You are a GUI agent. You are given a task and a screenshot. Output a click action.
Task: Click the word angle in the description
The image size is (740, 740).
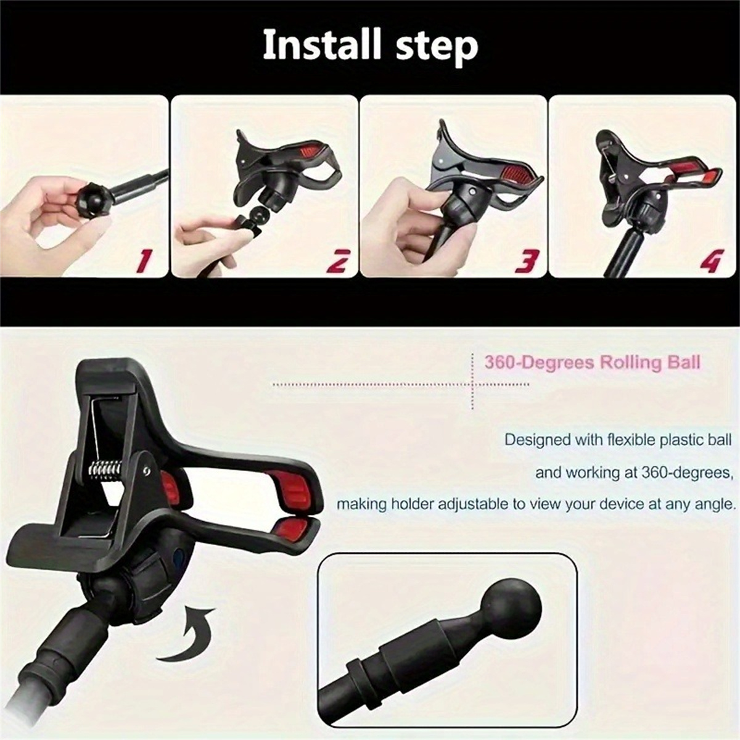tap(715, 504)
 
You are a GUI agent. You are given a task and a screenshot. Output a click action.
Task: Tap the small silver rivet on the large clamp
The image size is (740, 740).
tap(144, 470)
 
